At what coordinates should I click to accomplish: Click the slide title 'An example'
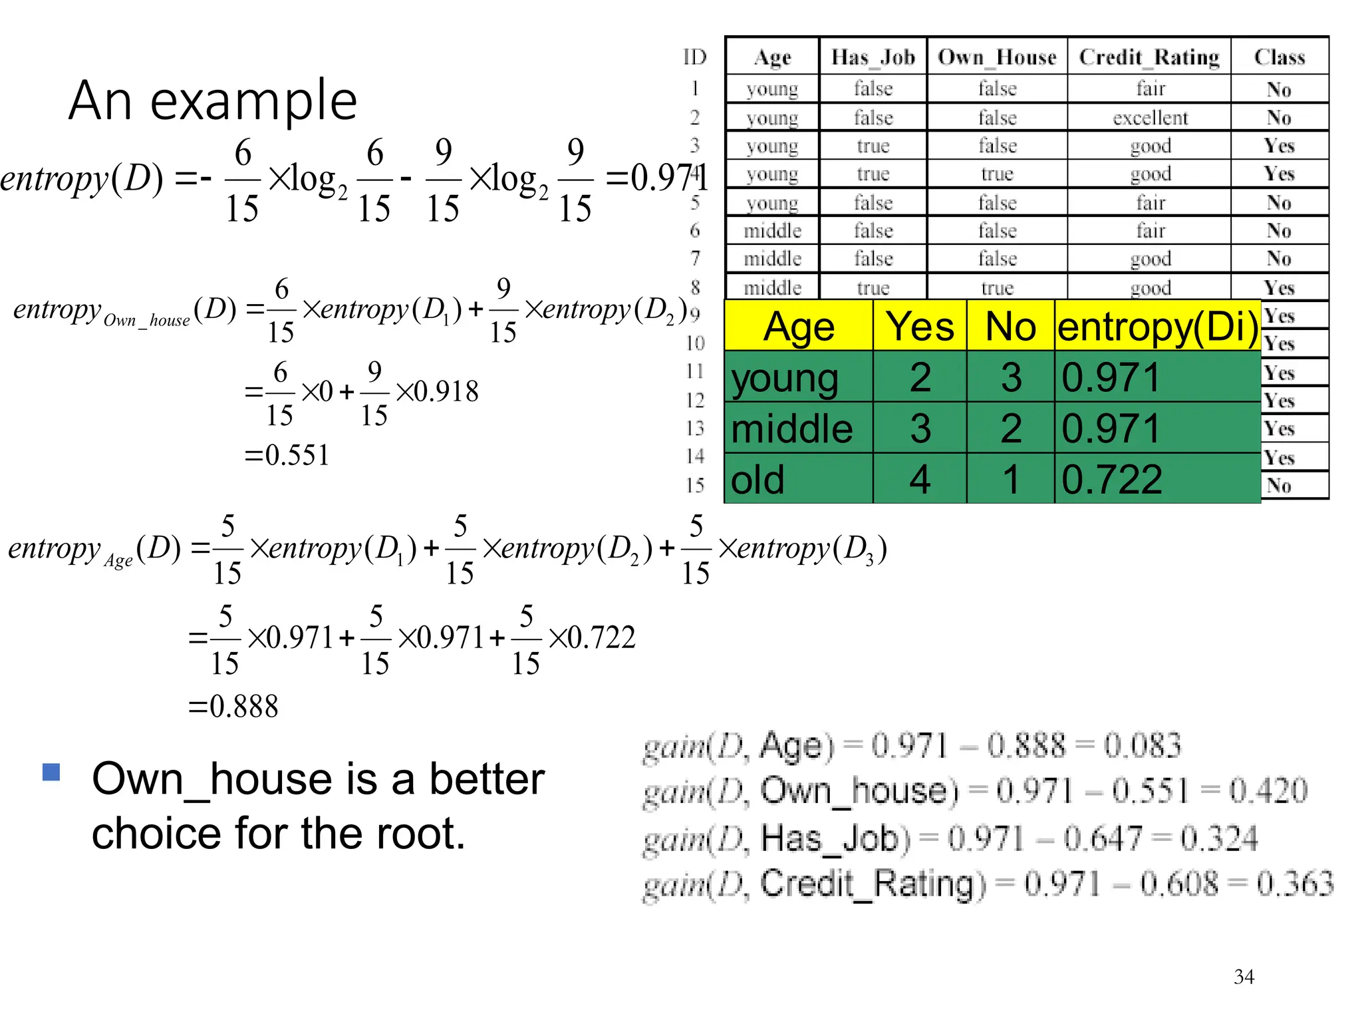213,100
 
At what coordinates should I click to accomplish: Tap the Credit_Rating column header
1149,57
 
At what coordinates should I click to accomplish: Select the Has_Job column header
873,57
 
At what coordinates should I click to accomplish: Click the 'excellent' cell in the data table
1150,118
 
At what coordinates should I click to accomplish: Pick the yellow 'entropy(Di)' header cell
1157,326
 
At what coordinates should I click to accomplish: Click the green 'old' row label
757,479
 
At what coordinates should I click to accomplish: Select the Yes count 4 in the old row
920,479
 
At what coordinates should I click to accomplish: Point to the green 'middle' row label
791,428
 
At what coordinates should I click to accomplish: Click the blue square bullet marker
51,772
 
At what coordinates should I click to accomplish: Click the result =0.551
287,456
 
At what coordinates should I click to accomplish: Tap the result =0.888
233,707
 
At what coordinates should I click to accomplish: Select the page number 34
1244,977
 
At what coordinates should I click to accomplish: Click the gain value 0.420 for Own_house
1268,791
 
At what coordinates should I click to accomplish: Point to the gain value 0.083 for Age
1143,745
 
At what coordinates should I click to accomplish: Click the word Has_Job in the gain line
835,838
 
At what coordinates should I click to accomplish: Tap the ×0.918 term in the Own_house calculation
437,392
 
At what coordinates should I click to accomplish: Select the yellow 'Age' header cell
799,326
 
